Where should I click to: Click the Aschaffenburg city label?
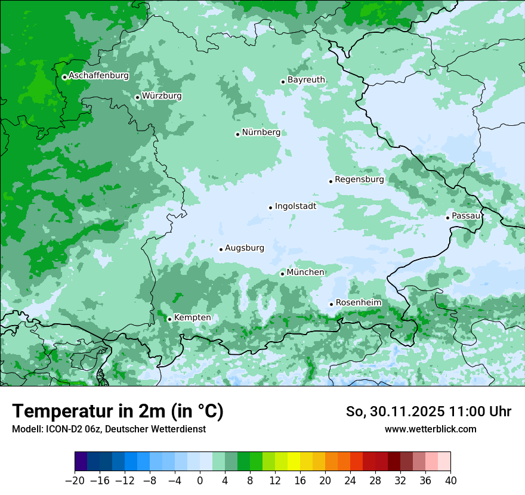click(98, 76)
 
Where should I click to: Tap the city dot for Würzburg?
click(137, 97)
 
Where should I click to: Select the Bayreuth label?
click(306, 79)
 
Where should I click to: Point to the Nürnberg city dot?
click(237, 134)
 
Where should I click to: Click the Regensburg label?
click(359, 179)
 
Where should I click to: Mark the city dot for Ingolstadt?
click(270, 208)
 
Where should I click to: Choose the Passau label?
click(466, 215)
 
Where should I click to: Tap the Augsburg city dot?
click(221, 249)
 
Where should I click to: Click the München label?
click(305, 272)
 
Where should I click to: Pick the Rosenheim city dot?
click(331, 304)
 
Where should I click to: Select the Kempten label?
click(192, 317)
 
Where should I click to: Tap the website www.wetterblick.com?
click(430, 429)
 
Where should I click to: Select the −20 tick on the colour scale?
click(75, 481)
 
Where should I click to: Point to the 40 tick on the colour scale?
click(450, 481)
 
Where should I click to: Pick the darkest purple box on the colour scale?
click(81, 462)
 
